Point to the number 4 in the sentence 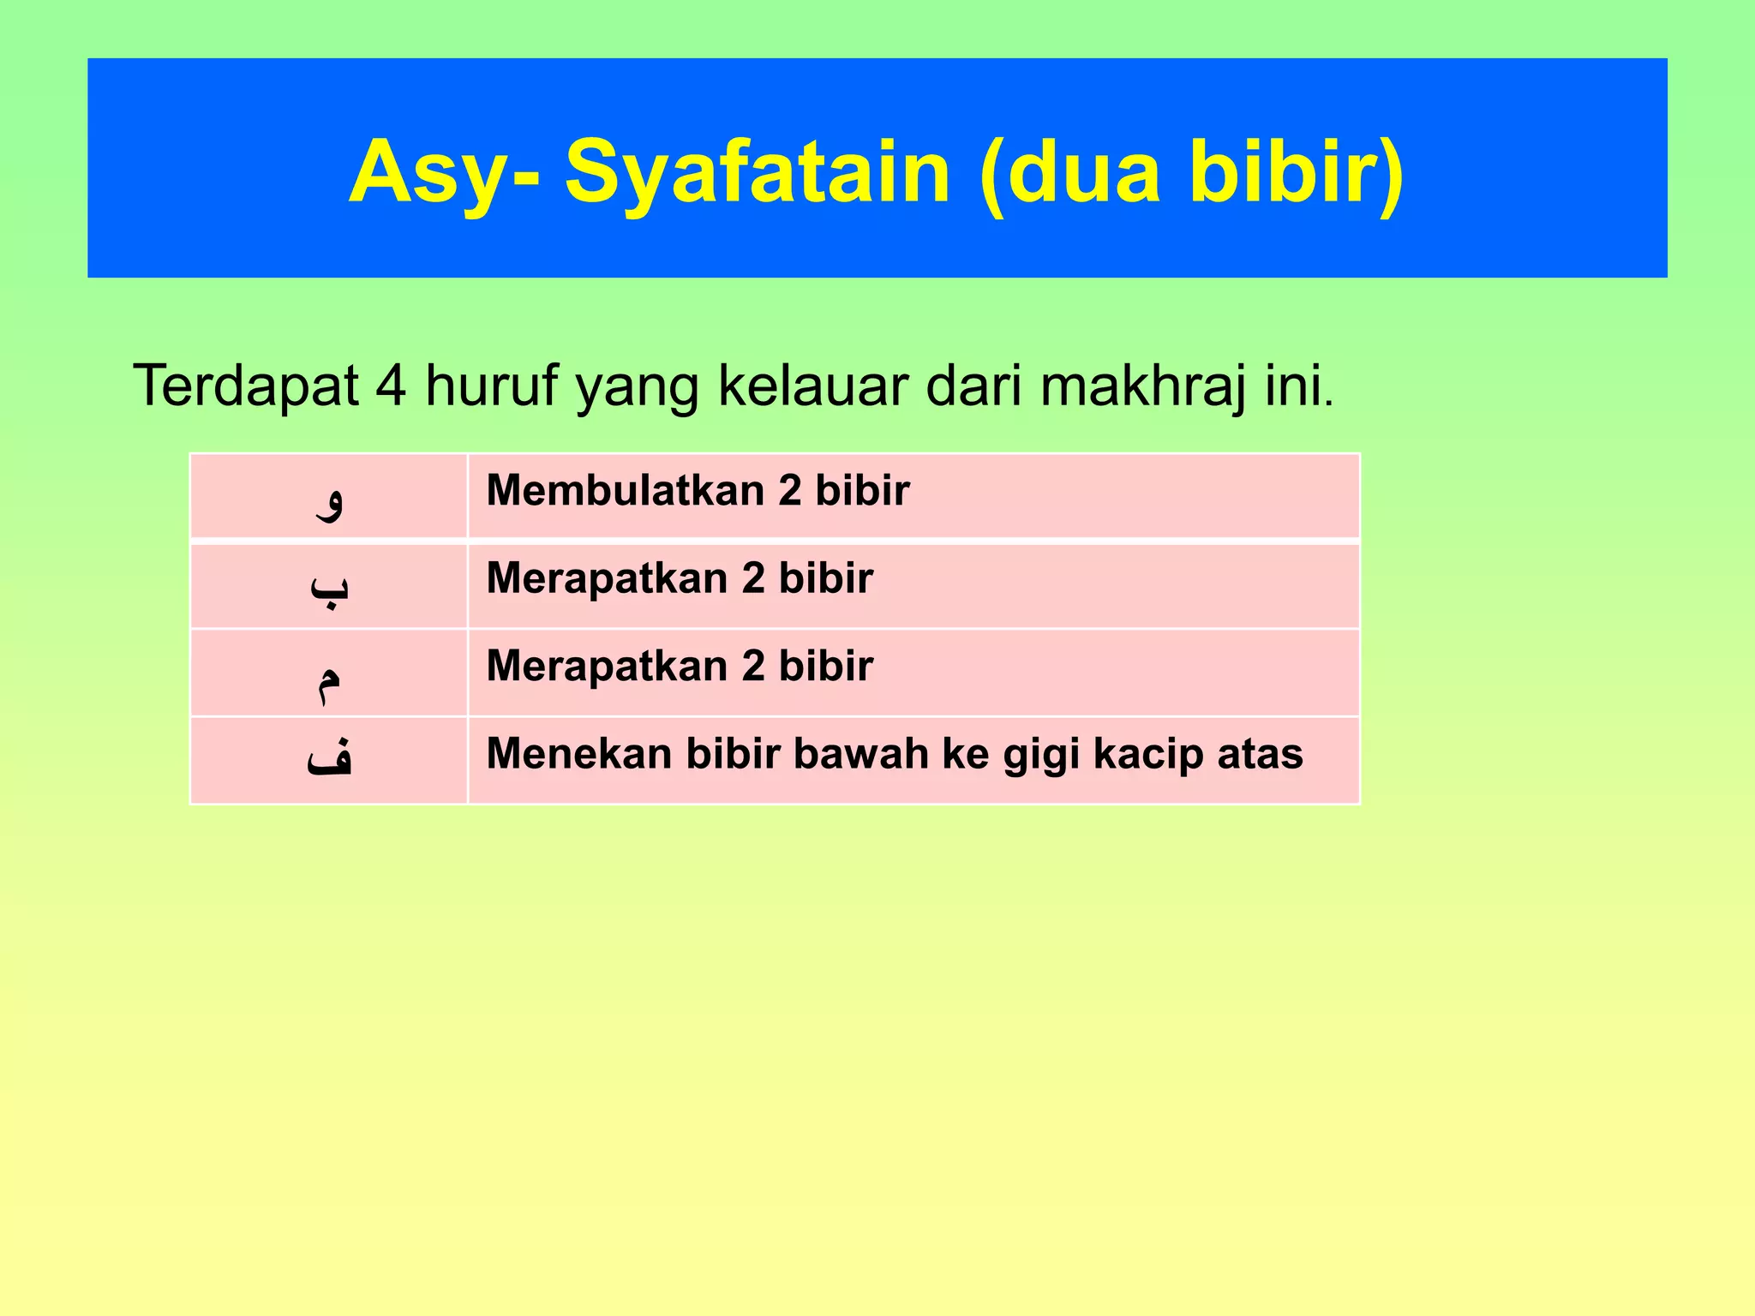point(391,386)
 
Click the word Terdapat point(245,386)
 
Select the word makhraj point(1143,387)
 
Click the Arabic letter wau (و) point(330,500)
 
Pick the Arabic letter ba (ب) point(330,588)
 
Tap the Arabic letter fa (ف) point(330,757)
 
